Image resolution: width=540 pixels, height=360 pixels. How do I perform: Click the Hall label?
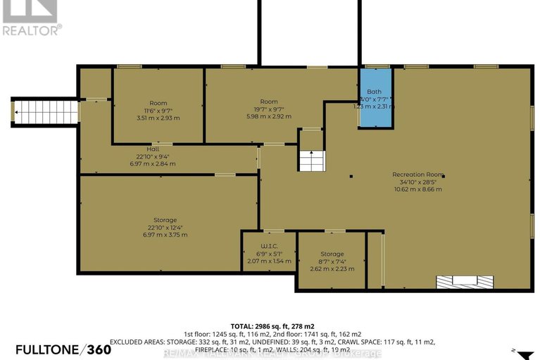tap(153, 149)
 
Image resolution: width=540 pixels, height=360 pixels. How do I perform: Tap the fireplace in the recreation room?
tap(459, 283)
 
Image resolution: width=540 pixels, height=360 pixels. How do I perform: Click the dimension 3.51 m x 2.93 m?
tap(158, 118)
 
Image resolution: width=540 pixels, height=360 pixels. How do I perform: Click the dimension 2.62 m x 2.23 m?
tap(332, 268)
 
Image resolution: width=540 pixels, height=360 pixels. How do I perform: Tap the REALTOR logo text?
tap(32, 30)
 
